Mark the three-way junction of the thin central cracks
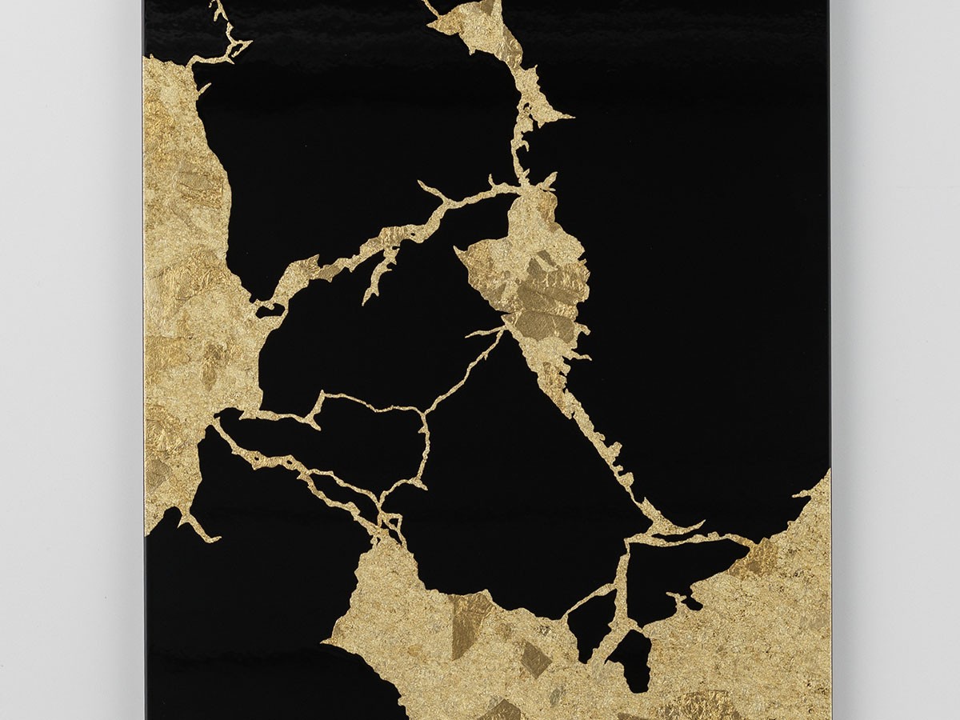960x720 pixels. point(422,413)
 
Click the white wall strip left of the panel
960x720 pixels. point(72,360)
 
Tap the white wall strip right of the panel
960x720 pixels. point(896,360)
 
